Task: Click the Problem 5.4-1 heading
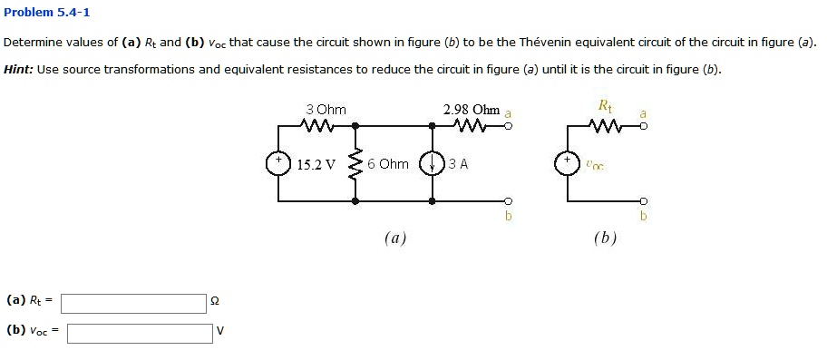[47, 13]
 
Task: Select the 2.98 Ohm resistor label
[472, 110]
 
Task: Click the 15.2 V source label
[316, 164]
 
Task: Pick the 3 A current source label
[458, 164]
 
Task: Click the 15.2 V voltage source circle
[277, 163]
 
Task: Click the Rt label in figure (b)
[606, 106]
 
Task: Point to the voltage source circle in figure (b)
[568, 164]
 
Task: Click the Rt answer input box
[134, 303]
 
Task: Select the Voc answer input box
[139, 333]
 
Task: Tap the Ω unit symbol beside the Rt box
[214, 303]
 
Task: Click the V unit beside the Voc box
[219, 333]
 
